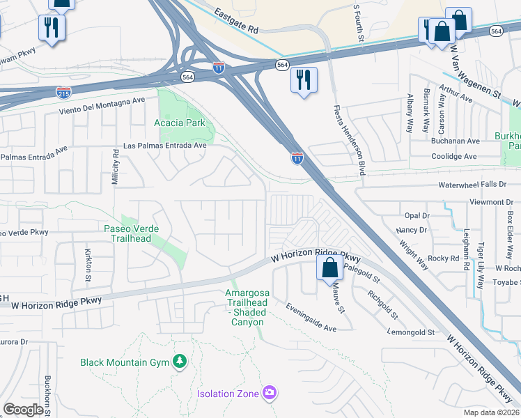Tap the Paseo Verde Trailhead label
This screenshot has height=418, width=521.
pos(132,233)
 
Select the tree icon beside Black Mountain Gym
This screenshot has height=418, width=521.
pos(180,361)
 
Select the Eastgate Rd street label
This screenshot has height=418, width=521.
pos(236,22)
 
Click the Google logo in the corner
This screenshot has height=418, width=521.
pos(24,410)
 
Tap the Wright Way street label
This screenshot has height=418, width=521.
pos(413,255)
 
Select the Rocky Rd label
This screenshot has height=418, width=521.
pos(444,258)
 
